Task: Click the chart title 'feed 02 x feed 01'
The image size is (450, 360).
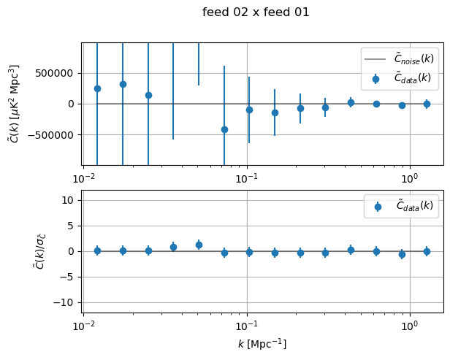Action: coord(256,12)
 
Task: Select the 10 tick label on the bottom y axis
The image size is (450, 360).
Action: coord(71,200)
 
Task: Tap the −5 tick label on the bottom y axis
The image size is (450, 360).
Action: coord(70,277)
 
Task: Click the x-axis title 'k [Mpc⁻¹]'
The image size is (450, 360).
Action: coord(262,343)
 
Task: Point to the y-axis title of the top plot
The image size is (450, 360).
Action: coord(15,103)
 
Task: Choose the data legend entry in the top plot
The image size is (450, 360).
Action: coord(403,77)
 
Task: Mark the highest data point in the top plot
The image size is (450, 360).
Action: coord(123,84)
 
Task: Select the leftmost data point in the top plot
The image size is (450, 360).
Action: coord(97,88)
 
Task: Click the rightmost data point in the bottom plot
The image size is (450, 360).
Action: coord(427,251)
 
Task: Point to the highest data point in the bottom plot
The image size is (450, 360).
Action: coord(199,245)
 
